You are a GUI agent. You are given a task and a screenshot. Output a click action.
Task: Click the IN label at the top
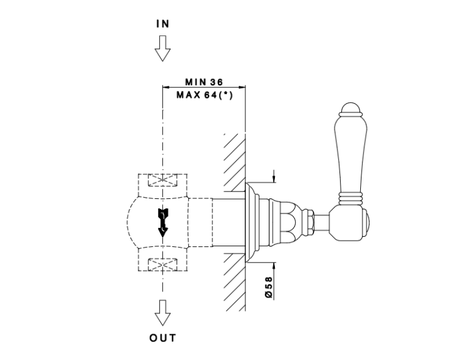pos(163,23)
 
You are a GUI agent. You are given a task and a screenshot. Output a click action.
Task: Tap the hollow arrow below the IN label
pos(163,48)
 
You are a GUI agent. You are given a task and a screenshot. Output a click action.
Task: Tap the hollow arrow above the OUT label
pos(163,311)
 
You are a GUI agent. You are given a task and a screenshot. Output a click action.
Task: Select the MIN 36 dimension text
pos(204,83)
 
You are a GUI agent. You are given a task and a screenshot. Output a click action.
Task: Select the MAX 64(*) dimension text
pos(204,95)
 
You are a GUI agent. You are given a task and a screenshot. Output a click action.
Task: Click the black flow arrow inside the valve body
pos(163,221)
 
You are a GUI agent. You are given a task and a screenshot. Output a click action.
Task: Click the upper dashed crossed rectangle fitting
pos(163,181)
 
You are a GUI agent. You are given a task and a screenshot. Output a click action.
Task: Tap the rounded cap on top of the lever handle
pos(349,107)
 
